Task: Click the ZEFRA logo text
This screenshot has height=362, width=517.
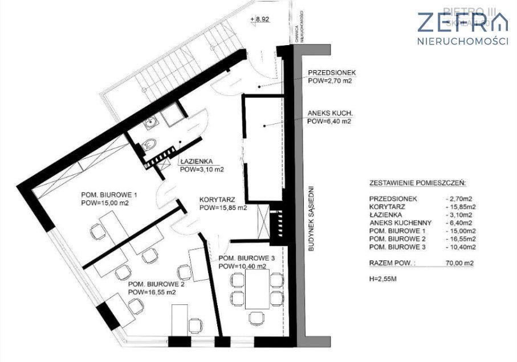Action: (x=462, y=23)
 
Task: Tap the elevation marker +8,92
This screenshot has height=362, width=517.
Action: (x=261, y=19)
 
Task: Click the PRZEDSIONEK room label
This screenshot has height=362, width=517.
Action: (x=332, y=73)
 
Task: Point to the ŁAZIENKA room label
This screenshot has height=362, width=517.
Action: (x=196, y=162)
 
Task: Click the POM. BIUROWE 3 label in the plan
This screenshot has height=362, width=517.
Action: (x=246, y=259)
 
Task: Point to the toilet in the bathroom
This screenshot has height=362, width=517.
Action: (x=148, y=145)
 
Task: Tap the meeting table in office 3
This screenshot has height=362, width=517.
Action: (x=257, y=289)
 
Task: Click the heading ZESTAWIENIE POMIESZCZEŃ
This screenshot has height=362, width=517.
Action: (x=417, y=184)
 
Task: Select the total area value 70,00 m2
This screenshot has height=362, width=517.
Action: (x=461, y=263)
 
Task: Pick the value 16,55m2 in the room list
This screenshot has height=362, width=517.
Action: (x=461, y=239)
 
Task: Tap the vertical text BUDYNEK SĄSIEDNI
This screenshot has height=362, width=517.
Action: (x=312, y=216)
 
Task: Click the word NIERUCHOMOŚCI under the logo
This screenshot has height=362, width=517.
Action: (x=463, y=41)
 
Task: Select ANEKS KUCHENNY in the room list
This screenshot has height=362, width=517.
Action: (x=399, y=222)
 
